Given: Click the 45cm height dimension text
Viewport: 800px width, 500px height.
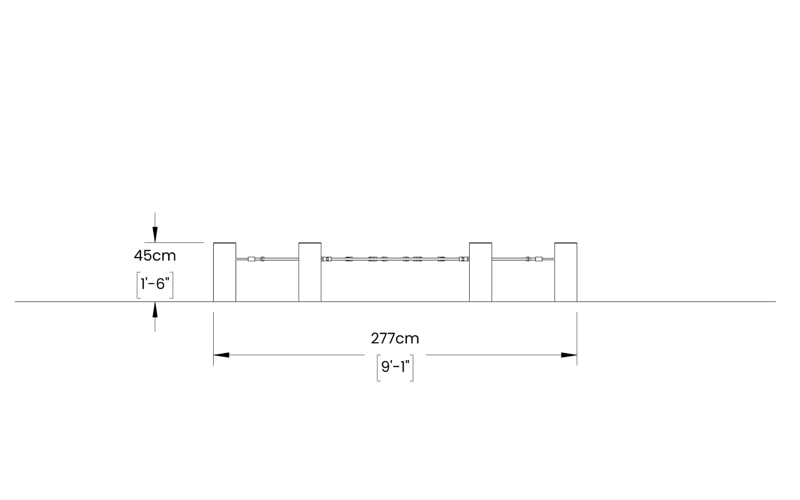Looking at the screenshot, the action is (x=155, y=256).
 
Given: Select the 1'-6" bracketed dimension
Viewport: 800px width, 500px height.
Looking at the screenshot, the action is (x=155, y=284).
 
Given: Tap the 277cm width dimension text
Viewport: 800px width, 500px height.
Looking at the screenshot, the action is (x=395, y=339).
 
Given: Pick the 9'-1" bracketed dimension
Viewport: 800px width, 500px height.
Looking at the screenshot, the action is (x=395, y=367).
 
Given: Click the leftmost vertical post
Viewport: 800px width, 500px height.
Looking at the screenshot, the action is (x=224, y=272).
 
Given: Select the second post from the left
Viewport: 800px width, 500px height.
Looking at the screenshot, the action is (x=310, y=272).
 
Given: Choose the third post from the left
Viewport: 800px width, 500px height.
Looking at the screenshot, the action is (x=480, y=272).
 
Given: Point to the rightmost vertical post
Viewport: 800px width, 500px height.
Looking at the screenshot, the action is (x=566, y=272).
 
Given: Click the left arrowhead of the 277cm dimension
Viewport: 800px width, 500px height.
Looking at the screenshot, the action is (x=221, y=355).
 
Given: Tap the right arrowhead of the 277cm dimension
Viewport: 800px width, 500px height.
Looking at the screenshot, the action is (x=569, y=355).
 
